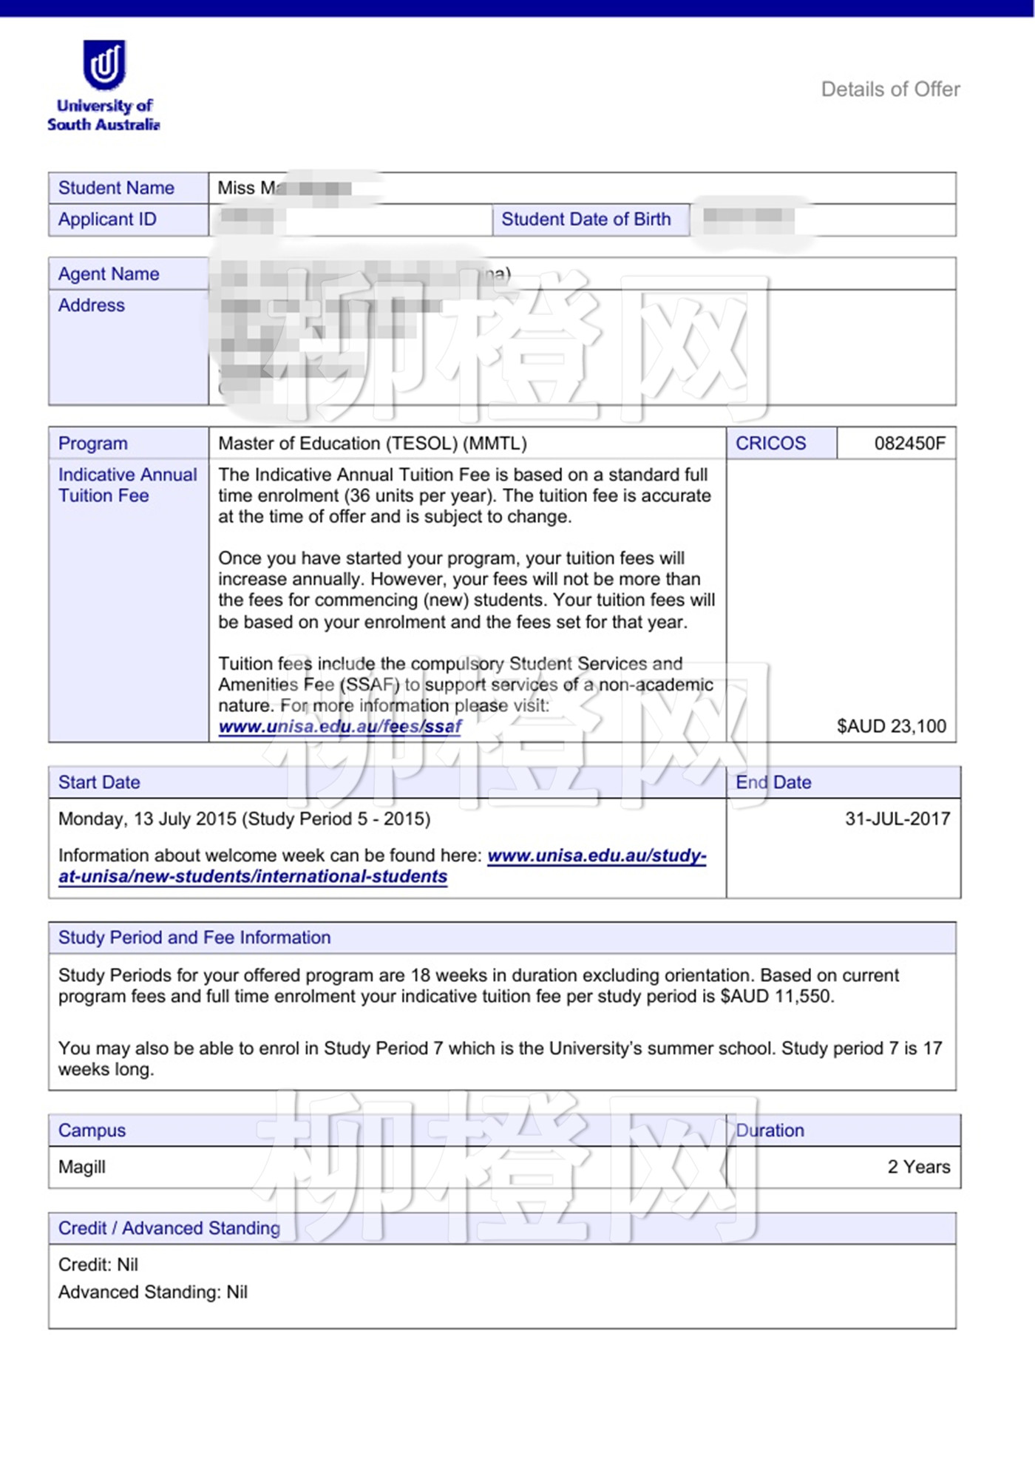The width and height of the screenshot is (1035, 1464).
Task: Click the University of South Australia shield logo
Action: (104, 64)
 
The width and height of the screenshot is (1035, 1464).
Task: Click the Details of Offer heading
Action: (890, 89)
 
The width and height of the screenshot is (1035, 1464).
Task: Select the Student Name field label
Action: (116, 188)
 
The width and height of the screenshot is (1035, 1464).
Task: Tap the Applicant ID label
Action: (107, 220)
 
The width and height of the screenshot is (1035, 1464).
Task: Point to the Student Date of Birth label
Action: (586, 220)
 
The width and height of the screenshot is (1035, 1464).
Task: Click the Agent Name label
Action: (109, 274)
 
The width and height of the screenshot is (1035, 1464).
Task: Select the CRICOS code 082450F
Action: (909, 444)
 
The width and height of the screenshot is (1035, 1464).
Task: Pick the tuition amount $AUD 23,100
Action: (891, 726)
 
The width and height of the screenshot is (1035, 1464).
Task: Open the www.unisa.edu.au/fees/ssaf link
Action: (340, 727)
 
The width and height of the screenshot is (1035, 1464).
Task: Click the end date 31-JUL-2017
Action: (897, 819)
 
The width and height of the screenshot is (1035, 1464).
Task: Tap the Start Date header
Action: (99, 782)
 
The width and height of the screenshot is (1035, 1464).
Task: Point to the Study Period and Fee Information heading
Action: (194, 938)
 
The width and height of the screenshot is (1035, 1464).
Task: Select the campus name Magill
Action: (82, 1167)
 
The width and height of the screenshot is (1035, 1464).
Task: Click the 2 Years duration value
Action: (918, 1167)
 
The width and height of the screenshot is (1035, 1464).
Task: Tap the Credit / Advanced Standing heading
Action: (169, 1228)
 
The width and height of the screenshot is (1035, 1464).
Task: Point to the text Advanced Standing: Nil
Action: (153, 1292)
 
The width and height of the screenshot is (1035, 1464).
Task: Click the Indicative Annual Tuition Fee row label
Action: (127, 485)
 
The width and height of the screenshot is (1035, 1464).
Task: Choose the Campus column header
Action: (92, 1131)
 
